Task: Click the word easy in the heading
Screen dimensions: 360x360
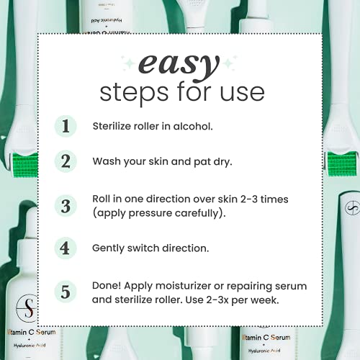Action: (x=179, y=66)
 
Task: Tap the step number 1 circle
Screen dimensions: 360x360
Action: (x=66, y=126)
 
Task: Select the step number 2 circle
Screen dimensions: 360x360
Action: (x=66, y=161)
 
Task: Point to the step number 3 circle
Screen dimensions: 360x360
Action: (x=66, y=206)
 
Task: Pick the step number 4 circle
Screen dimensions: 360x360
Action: (x=66, y=248)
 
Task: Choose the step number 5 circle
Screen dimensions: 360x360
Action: (x=66, y=292)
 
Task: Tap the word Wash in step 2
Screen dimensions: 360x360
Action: (x=107, y=161)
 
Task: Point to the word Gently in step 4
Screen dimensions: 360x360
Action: (x=108, y=248)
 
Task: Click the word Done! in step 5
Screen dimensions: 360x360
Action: (x=107, y=286)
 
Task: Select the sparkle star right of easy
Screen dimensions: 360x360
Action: (x=229, y=63)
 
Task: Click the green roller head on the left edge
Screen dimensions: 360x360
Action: (x=25, y=165)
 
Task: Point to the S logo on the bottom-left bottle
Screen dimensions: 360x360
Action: (x=27, y=308)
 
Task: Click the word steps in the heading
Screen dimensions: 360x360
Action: (x=134, y=93)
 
